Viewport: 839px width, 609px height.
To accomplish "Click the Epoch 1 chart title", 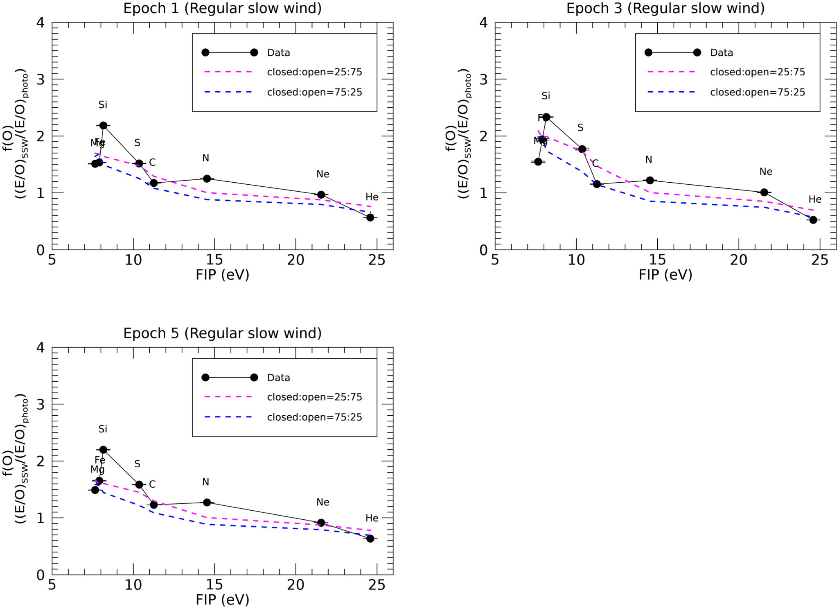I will (x=222, y=8).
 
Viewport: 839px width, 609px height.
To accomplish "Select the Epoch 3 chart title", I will (x=665, y=8).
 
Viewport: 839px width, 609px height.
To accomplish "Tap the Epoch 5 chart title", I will (x=222, y=333).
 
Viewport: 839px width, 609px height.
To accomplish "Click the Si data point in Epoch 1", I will (x=103, y=125).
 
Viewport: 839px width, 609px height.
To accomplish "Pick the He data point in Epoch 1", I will (x=370, y=217).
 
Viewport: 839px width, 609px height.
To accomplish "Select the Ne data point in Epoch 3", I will (x=764, y=192).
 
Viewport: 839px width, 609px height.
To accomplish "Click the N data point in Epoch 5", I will (x=207, y=503).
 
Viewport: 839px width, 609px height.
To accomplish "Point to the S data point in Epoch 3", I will (x=582, y=149).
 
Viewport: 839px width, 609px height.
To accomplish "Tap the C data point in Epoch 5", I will (x=153, y=505).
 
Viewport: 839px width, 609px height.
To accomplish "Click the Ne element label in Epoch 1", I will (x=323, y=174).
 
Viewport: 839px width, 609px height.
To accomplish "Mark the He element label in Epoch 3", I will (x=814, y=199).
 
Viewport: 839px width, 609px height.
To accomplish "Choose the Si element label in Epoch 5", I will (x=103, y=429).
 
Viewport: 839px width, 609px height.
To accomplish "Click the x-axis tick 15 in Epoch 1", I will (x=214, y=260).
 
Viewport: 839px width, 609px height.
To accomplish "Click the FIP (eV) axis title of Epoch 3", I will (x=665, y=275).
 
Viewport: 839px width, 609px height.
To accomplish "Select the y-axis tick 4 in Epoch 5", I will (x=41, y=348).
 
